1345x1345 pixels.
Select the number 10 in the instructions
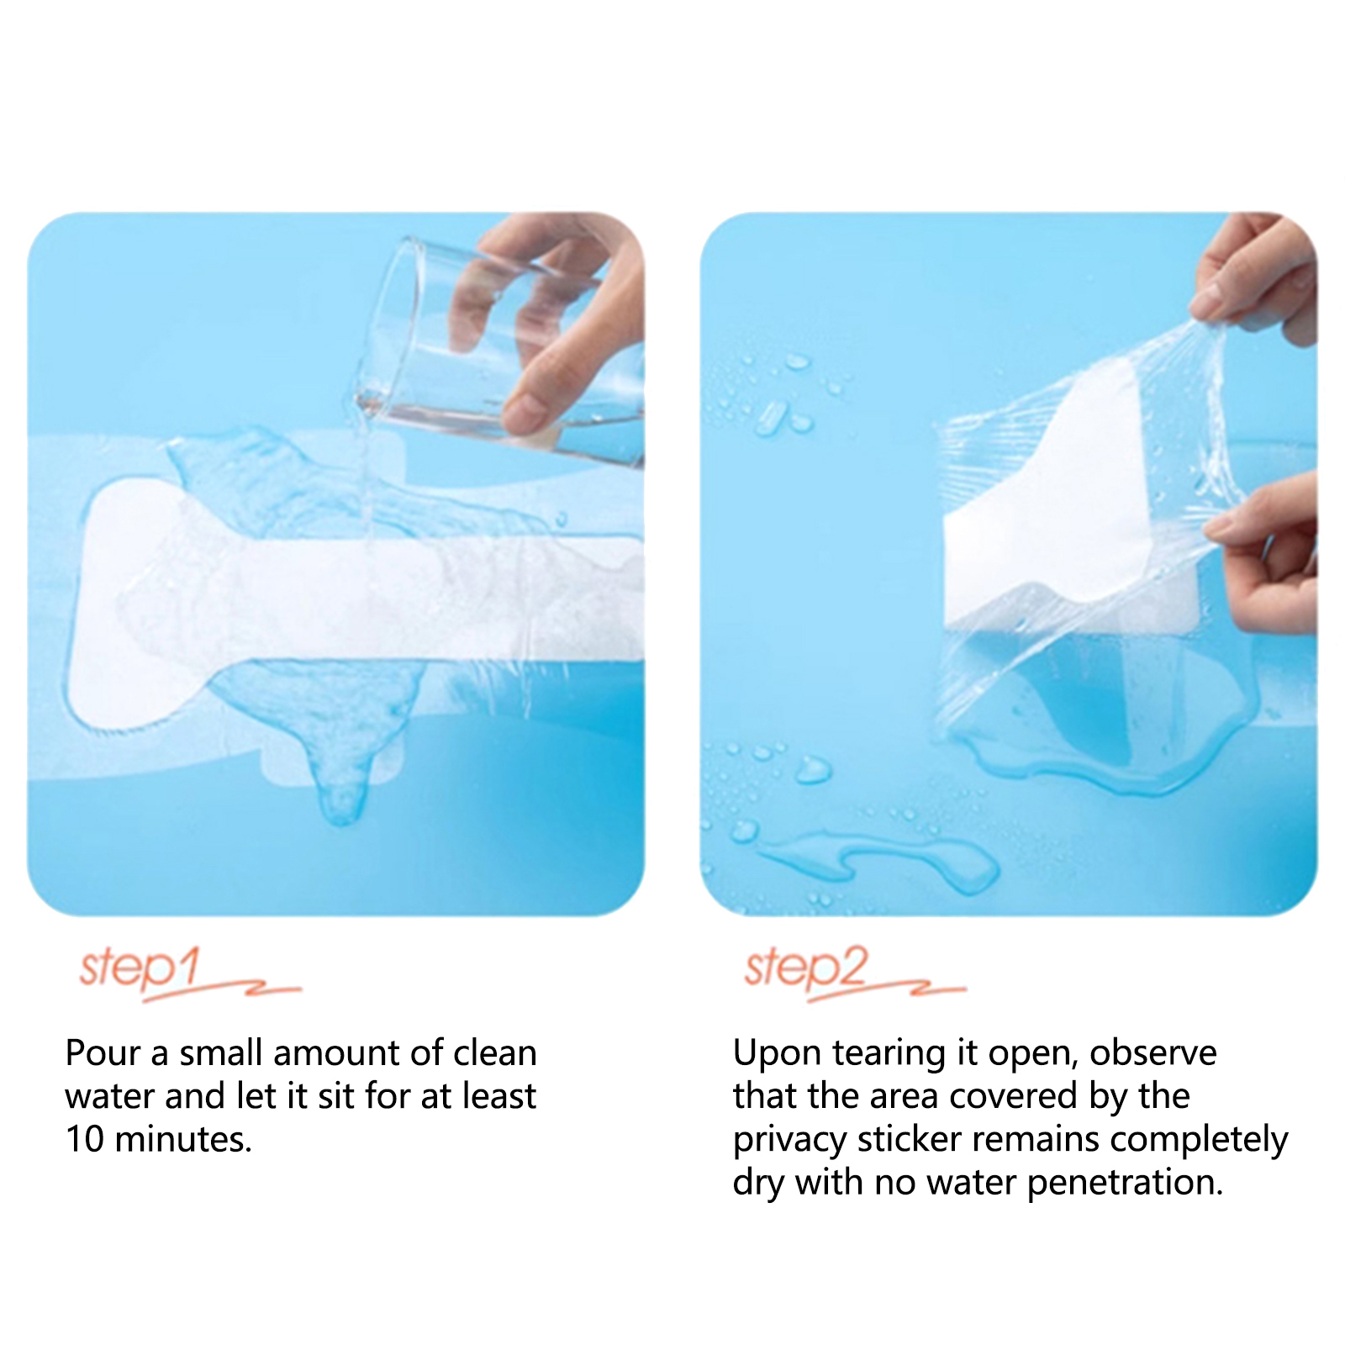[85, 1139]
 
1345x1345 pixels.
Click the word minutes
[183, 1139]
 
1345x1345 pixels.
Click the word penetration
[1126, 1184]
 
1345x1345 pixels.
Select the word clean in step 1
[494, 1052]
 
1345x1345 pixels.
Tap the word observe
[1152, 1052]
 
